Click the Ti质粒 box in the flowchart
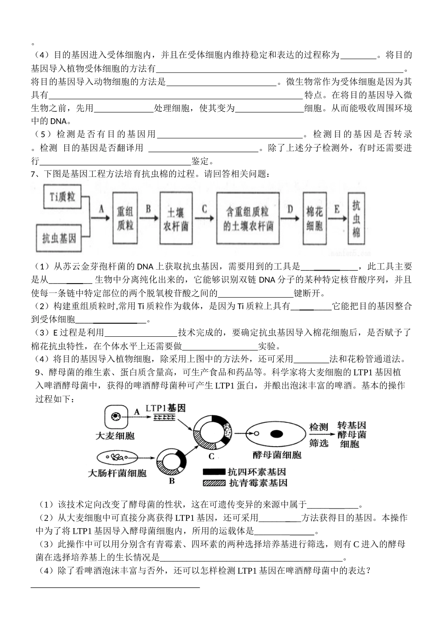62,197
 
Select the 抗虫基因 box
59,238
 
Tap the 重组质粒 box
125,218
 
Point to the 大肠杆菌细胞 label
117,473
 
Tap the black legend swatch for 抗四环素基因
214,472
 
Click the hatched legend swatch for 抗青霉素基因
214,483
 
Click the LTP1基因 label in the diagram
165,408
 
